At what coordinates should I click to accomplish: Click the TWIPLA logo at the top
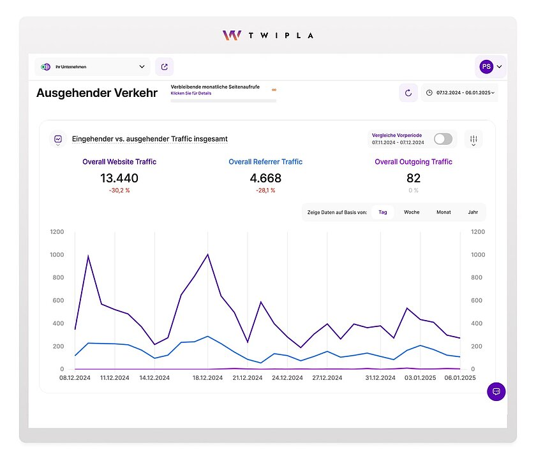[x=268, y=35]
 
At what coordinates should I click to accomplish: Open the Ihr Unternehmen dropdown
[x=93, y=66]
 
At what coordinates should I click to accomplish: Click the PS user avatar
[x=486, y=66]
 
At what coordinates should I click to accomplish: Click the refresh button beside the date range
[x=408, y=93]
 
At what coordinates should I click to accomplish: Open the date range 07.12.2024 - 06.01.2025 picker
[x=459, y=93]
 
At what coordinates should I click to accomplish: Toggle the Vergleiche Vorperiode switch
[x=443, y=139]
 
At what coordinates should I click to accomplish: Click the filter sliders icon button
[x=473, y=139]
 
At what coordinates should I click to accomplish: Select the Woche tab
[x=412, y=212]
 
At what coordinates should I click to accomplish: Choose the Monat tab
[x=443, y=212]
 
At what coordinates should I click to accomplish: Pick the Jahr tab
[x=473, y=212]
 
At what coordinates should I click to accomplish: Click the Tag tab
[x=382, y=212]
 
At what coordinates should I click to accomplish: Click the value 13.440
[x=119, y=178]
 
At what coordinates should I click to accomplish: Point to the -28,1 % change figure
[x=265, y=191]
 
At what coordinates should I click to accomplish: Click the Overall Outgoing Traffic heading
[x=413, y=162]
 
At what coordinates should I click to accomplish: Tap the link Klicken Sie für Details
[x=191, y=94]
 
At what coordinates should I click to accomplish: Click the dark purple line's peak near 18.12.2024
[x=208, y=254]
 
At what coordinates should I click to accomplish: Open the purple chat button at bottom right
[x=496, y=391]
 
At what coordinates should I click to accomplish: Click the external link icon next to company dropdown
[x=165, y=66]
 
